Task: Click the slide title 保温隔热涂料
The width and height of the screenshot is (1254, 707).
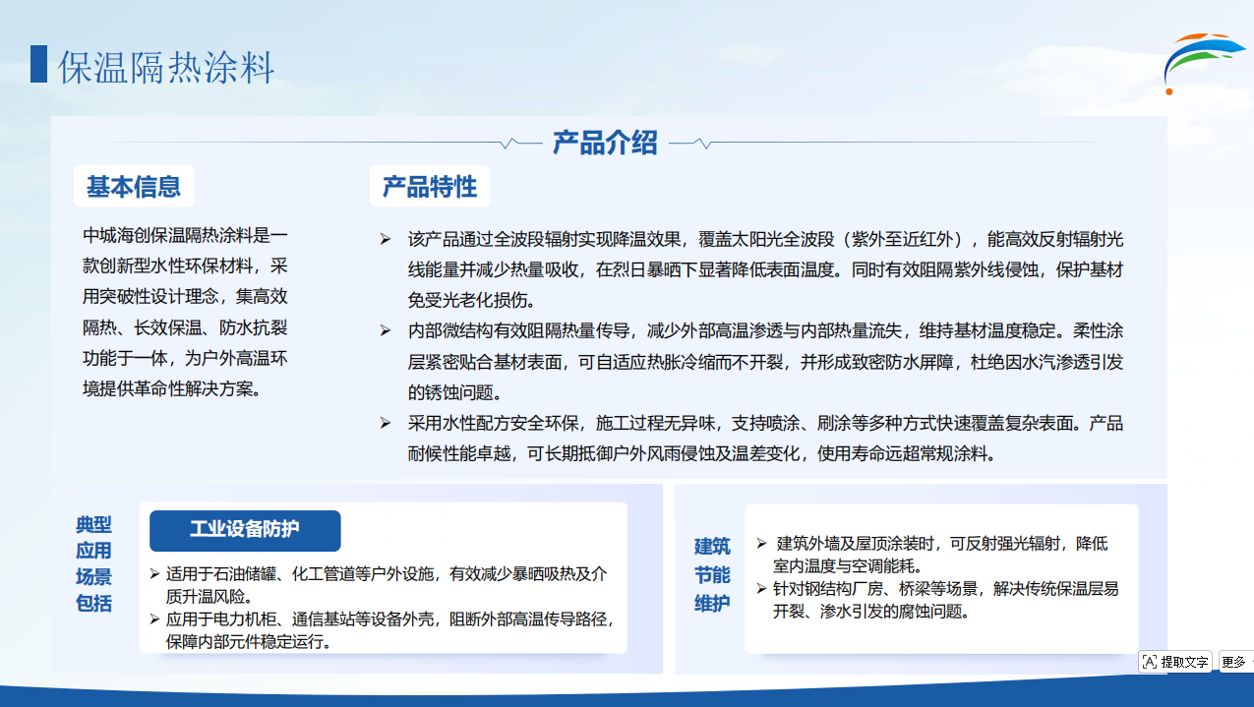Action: tap(165, 67)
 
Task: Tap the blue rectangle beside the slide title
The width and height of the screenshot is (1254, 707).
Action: tap(38, 64)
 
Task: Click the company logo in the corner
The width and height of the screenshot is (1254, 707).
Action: tap(1203, 63)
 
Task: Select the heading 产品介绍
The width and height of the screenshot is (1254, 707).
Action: tap(605, 143)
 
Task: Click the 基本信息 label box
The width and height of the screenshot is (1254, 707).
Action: tap(134, 186)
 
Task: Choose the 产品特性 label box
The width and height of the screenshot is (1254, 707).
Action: tap(430, 186)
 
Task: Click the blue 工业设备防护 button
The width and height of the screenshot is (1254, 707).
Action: tap(245, 530)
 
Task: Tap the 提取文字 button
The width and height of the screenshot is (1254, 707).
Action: tap(1175, 662)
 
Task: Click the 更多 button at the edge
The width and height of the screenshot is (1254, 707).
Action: tap(1236, 662)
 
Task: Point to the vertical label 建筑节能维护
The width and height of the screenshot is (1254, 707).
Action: tap(712, 575)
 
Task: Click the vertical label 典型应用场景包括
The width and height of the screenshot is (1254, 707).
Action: tap(93, 563)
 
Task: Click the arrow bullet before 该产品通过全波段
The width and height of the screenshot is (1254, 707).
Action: tap(386, 240)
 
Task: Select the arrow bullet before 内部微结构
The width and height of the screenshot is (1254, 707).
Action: tap(386, 330)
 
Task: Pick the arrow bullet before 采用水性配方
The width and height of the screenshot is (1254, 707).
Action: tap(386, 423)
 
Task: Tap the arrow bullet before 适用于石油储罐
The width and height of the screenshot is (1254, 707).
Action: tap(155, 573)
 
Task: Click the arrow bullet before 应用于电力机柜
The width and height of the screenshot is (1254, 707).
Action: tap(155, 619)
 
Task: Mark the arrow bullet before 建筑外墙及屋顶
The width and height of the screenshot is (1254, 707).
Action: tap(761, 543)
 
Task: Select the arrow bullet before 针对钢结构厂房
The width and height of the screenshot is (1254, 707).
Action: tap(761, 588)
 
